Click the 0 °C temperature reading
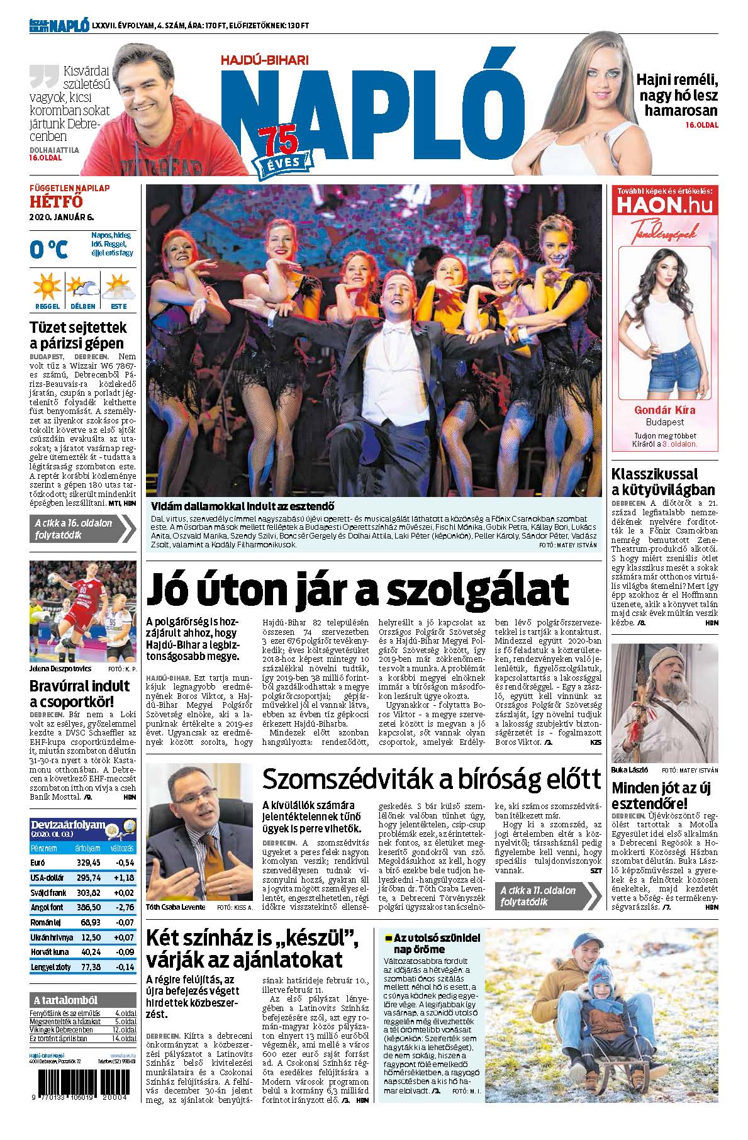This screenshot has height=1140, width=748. click(48, 250)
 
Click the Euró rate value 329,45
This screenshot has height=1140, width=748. click(87, 863)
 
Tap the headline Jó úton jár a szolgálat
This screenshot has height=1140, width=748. click(357, 589)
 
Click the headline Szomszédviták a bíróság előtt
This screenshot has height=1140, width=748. click(432, 780)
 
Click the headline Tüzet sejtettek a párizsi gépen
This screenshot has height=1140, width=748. click(78, 335)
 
